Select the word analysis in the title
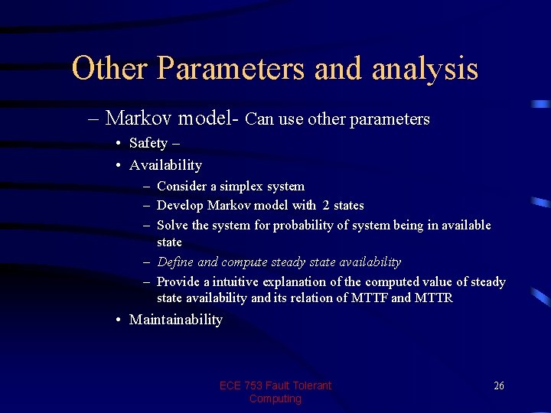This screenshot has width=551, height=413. (x=425, y=70)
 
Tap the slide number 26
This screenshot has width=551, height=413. (x=498, y=385)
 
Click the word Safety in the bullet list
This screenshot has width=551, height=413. (x=148, y=143)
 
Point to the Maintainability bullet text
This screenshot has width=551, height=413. (x=175, y=320)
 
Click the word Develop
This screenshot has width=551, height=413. (x=181, y=205)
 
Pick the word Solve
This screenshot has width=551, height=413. (x=173, y=225)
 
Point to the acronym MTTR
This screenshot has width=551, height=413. (x=433, y=298)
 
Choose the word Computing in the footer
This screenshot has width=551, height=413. (x=275, y=398)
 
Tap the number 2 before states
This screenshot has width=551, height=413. (x=326, y=205)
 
